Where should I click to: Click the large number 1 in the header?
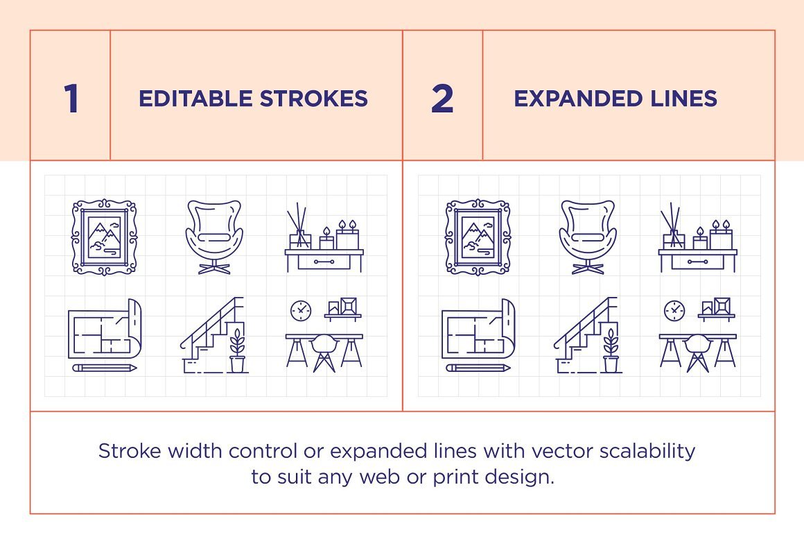(x=71, y=99)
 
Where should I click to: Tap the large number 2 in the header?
(x=442, y=99)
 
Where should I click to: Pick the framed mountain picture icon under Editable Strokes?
(x=104, y=237)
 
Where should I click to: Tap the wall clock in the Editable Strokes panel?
(x=301, y=310)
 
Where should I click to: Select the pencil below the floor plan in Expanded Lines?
(x=478, y=367)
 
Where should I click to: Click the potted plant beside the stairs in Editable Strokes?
(x=237, y=350)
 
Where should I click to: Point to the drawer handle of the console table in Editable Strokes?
(x=324, y=262)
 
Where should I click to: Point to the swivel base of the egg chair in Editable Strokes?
(x=214, y=268)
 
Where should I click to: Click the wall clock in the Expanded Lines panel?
(x=674, y=310)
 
